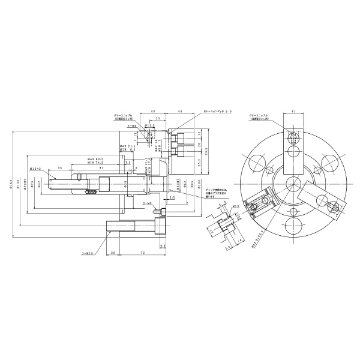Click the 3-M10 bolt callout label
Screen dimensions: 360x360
tap(88, 253)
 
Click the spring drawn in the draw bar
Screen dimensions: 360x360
tap(92, 192)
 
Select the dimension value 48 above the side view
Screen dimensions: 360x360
tap(153, 112)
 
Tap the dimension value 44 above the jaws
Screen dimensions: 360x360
tap(181, 112)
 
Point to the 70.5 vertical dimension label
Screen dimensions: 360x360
tap(206, 150)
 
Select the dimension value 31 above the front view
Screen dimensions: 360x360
tap(293, 112)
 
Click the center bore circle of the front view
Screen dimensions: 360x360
tap(293, 184)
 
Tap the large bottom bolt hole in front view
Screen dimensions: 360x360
tap(293, 226)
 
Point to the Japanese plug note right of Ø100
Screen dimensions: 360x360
tap(217, 194)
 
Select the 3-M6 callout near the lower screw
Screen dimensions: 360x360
tap(146, 204)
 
